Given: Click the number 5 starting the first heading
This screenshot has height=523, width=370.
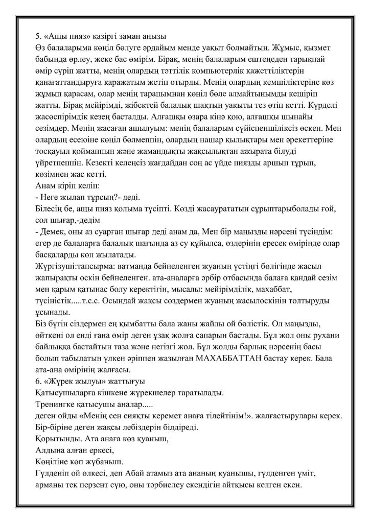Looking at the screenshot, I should [x=36, y=35].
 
